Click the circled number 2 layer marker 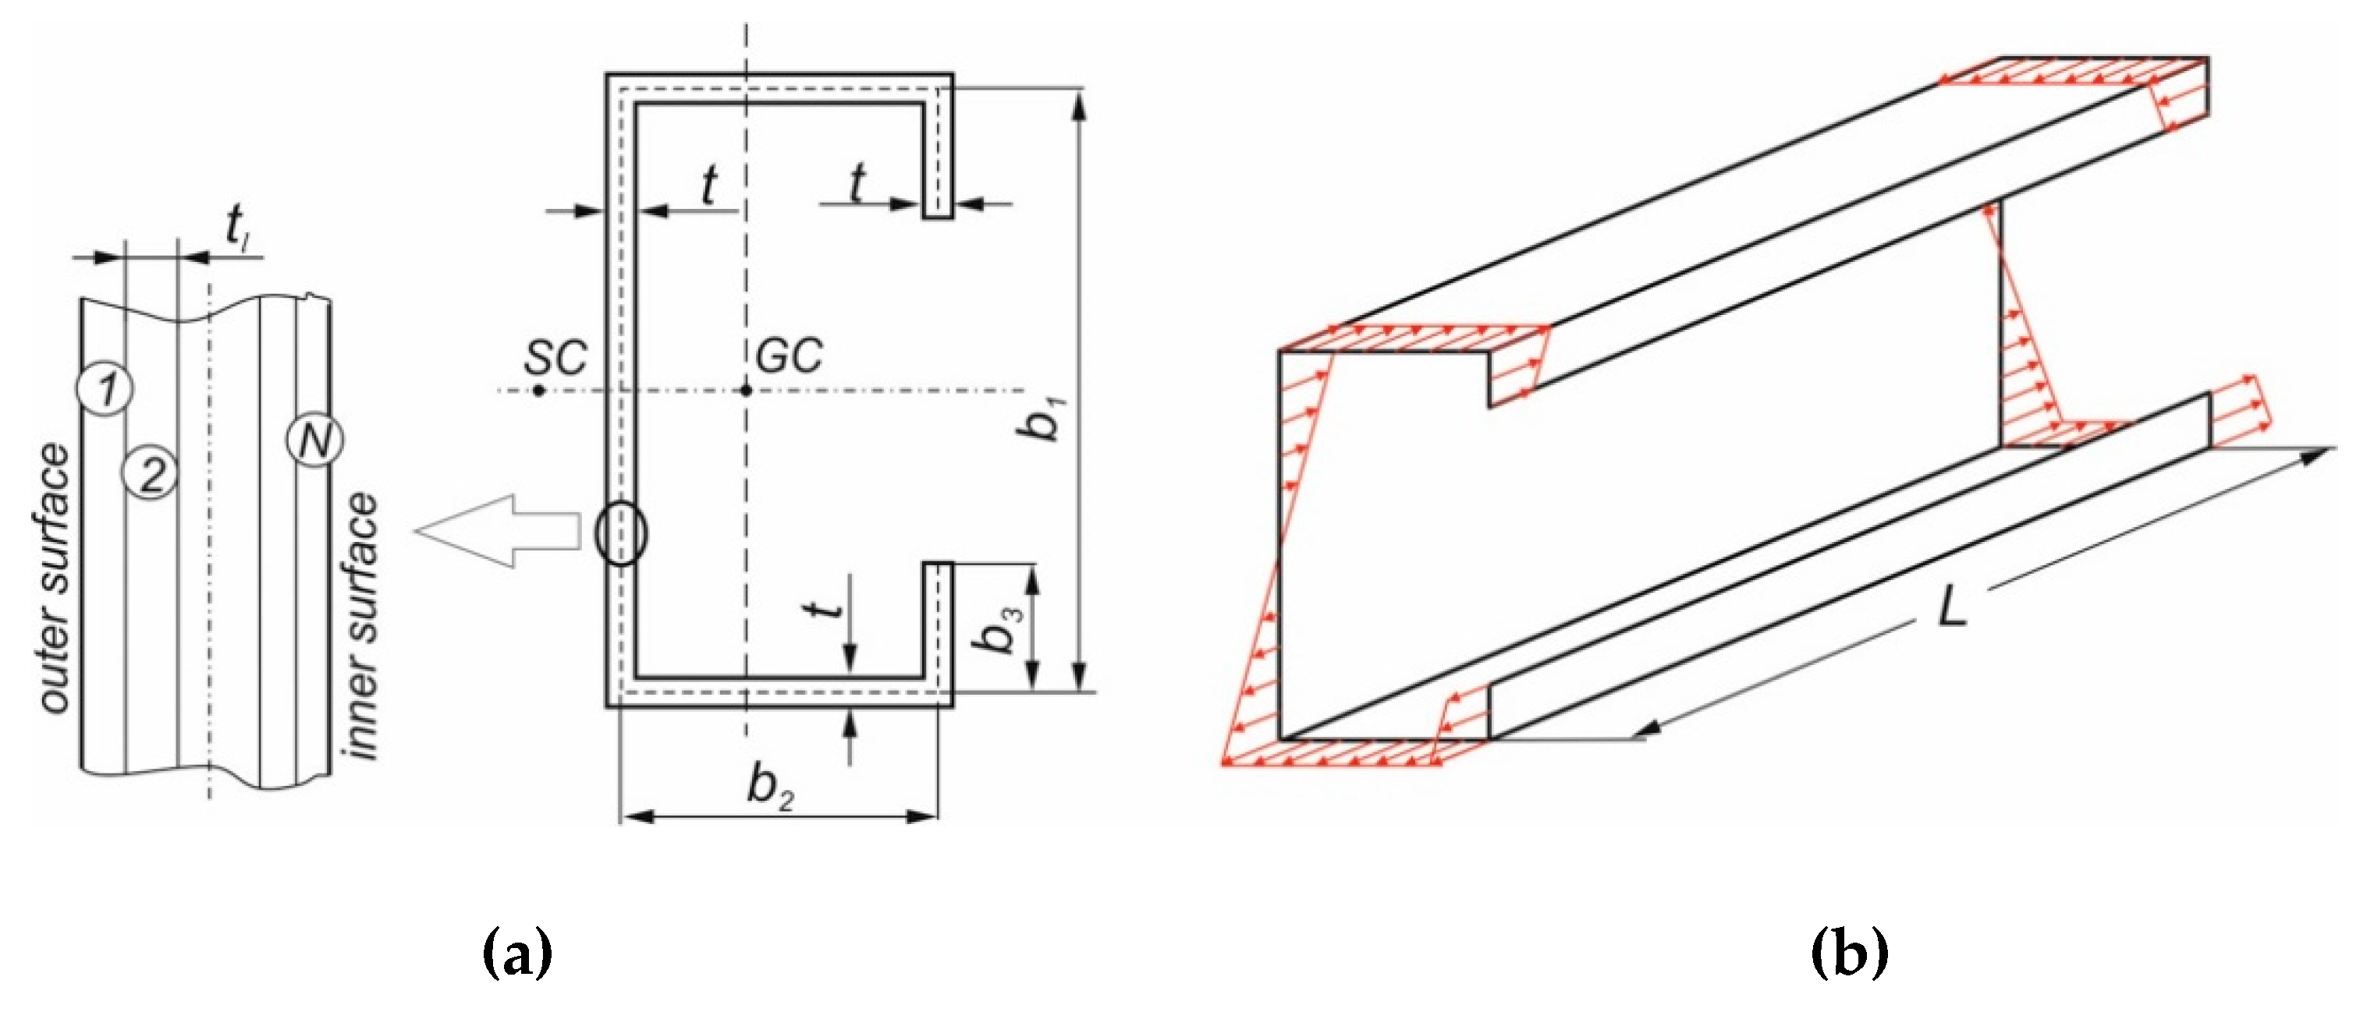pyautogui.click(x=150, y=473)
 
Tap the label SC pyautogui.click(x=555, y=356)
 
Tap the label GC pyautogui.click(x=789, y=356)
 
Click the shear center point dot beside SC pyautogui.click(x=539, y=391)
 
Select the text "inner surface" pyautogui.click(x=361, y=625)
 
